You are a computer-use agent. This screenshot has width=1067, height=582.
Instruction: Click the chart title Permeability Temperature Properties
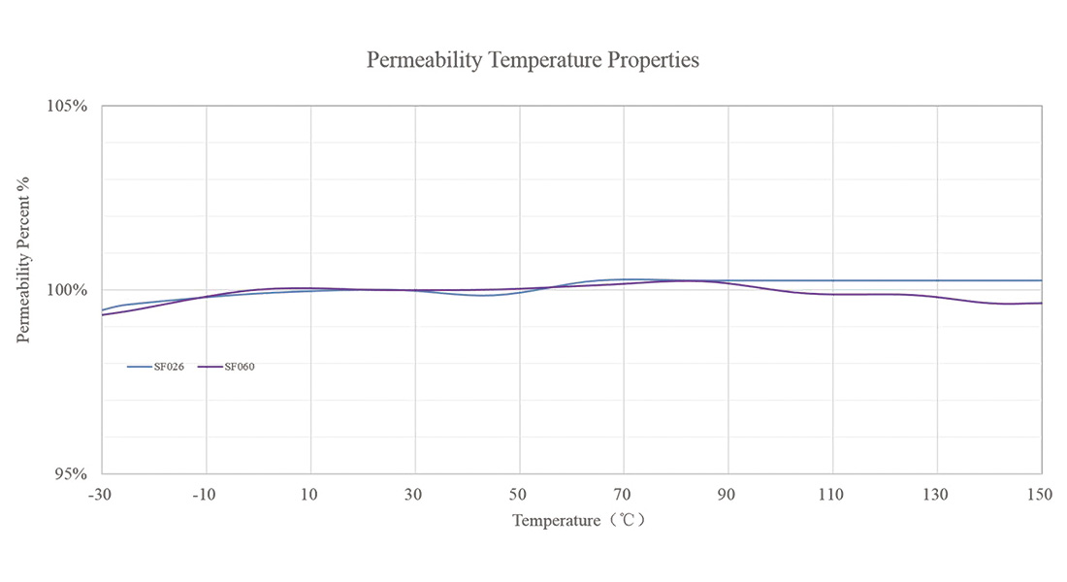(x=533, y=60)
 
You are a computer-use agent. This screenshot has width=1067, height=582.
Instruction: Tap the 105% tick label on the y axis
(x=68, y=106)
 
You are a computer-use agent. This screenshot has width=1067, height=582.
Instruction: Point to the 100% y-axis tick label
(x=68, y=290)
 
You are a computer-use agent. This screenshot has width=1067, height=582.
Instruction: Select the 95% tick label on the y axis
(x=71, y=474)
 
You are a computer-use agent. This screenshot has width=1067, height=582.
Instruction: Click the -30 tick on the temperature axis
(x=99, y=495)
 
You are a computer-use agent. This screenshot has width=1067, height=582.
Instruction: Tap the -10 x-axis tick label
(x=204, y=495)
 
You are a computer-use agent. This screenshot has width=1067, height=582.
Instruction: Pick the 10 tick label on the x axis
(x=310, y=495)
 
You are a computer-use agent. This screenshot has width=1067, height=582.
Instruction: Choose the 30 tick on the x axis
(x=414, y=495)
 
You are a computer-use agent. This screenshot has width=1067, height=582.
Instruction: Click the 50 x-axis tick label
(x=519, y=495)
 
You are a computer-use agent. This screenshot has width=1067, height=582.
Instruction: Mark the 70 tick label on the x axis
(x=624, y=495)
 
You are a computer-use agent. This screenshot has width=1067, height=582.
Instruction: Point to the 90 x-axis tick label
(x=727, y=495)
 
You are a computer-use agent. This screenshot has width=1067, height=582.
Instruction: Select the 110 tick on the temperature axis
(x=832, y=495)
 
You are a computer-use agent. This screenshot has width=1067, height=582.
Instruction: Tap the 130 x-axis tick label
(x=937, y=495)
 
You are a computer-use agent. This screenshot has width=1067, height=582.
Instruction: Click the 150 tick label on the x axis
(x=1040, y=495)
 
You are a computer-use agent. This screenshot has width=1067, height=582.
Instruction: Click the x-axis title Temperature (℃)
(x=579, y=521)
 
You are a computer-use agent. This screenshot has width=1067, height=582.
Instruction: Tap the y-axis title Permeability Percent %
(x=23, y=260)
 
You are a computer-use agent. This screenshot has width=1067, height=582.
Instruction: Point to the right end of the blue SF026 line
(x=1041, y=280)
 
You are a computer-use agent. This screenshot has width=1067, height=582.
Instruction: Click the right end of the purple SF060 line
(x=1041, y=303)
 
